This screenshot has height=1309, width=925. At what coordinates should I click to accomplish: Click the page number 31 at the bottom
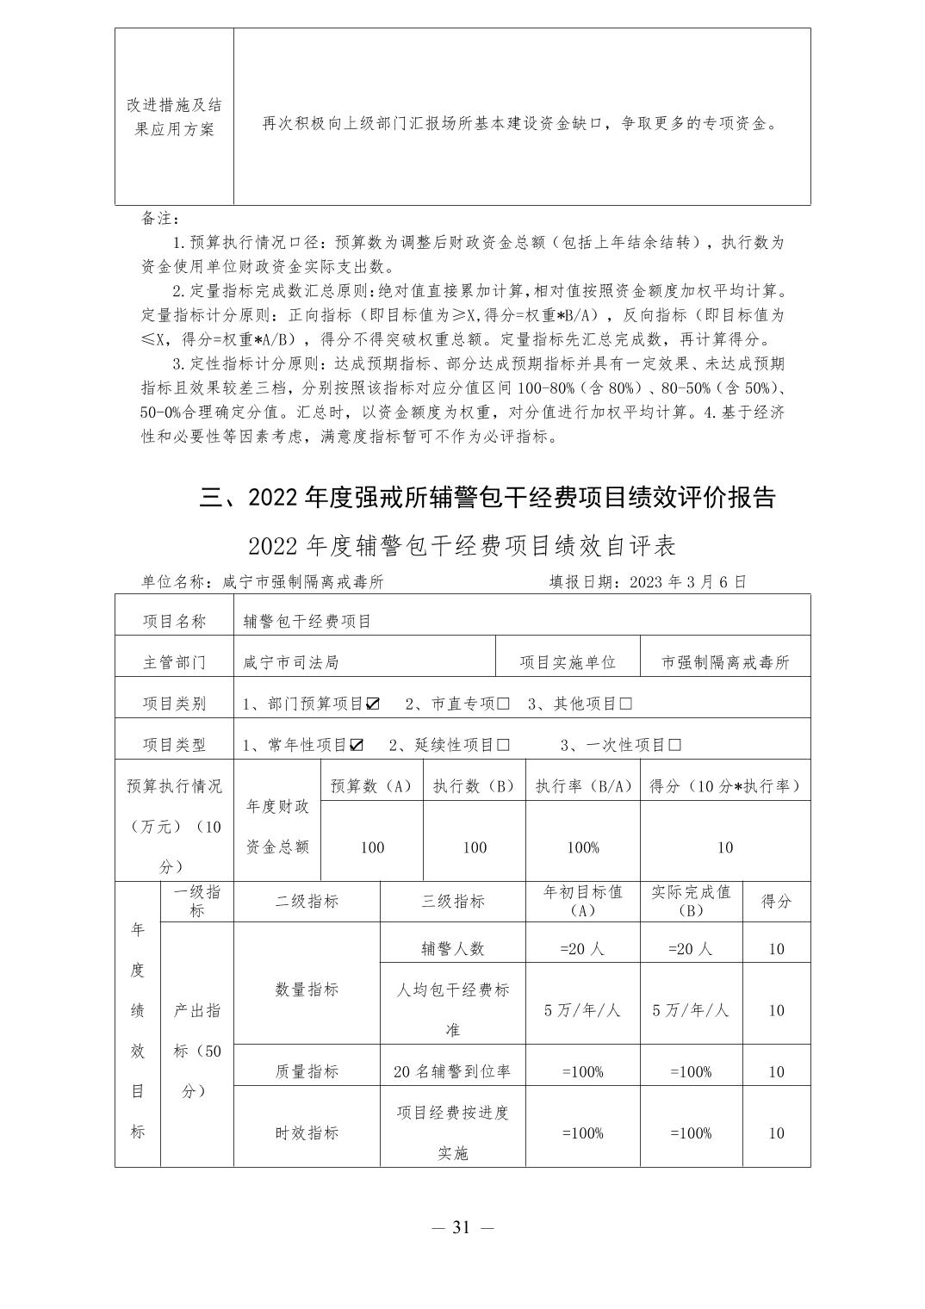462,1227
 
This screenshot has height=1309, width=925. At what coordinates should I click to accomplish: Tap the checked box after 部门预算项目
373,704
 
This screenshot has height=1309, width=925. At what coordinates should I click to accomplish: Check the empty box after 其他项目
625,704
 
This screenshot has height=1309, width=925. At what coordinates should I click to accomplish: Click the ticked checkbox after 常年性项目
357,745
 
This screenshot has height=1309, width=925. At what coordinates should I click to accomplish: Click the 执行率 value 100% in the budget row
583,847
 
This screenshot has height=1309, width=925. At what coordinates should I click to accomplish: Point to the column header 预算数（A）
372,786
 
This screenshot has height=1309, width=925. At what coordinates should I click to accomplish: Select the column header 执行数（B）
475,786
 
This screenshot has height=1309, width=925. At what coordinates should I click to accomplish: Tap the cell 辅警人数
452,948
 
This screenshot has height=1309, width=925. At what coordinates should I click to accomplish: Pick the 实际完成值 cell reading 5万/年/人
691,1010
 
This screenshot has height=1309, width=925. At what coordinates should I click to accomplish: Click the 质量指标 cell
307,1071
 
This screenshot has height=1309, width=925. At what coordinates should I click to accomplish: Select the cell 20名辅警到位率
452,1071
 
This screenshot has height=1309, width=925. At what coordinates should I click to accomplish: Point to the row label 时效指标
307,1132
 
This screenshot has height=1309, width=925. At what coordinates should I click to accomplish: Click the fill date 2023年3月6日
688,581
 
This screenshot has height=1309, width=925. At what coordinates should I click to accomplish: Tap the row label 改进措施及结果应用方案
175,117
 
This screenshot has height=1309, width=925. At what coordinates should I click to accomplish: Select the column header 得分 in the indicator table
776,902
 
